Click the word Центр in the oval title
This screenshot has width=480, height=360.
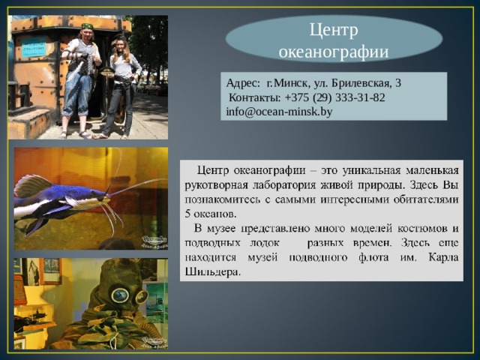333,31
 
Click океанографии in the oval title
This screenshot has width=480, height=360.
333,51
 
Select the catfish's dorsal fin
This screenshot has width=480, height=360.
34,185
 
